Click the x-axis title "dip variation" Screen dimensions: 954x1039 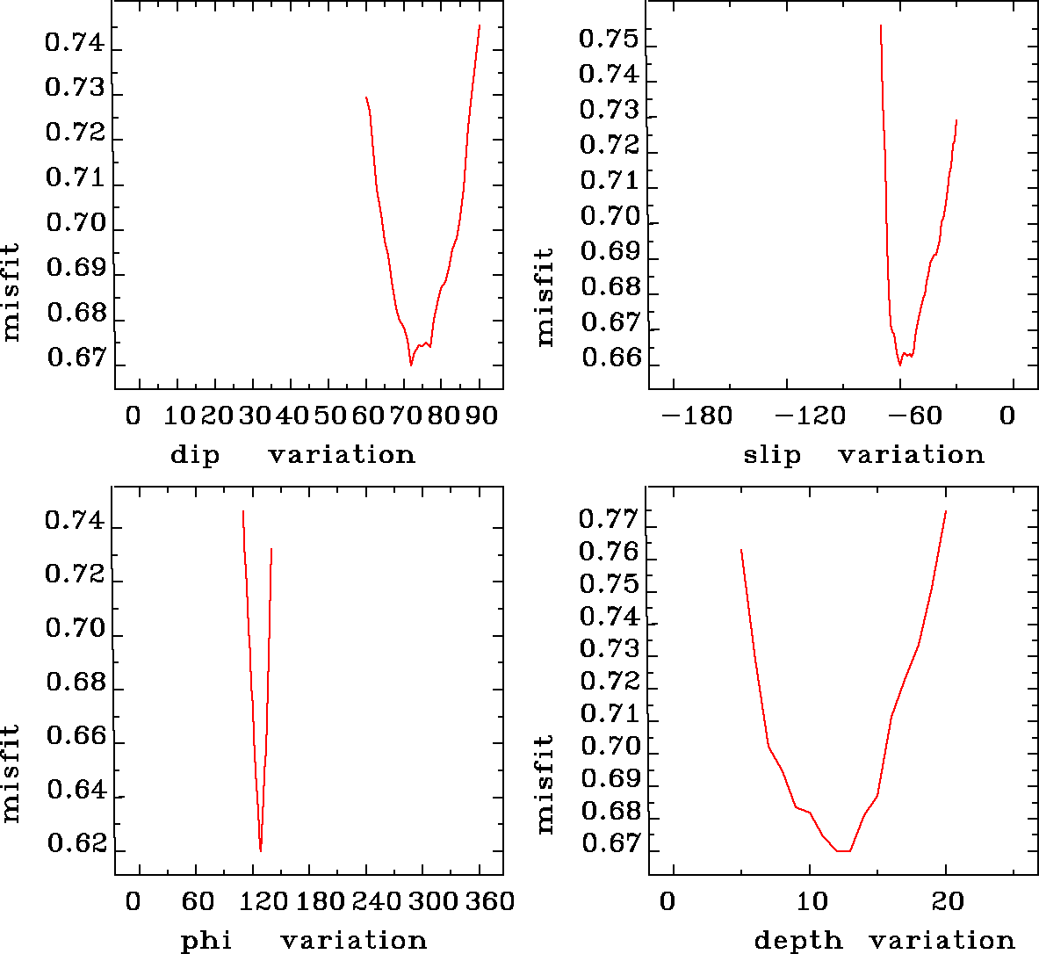click(292, 454)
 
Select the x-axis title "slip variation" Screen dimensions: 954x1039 click(863, 454)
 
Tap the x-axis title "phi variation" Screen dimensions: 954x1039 click(304, 940)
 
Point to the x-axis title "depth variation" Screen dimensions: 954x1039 click(884, 940)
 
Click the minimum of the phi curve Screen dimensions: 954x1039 click(260, 850)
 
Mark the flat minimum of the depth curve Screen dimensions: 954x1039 click(843, 850)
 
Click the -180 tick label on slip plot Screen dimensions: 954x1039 click(696, 415)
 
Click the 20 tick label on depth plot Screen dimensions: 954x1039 click(946, 901)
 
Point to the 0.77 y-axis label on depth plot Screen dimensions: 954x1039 click(607, 519)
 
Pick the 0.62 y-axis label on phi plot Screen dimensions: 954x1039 click(76, 844)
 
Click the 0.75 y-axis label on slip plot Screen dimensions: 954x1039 click(607, 39)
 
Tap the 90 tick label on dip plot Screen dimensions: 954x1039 click(480, 415)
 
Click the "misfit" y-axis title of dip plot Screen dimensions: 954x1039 click(11, 293)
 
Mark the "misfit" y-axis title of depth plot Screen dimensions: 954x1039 click(545, 784)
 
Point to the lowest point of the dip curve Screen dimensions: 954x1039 click(410, 364)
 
